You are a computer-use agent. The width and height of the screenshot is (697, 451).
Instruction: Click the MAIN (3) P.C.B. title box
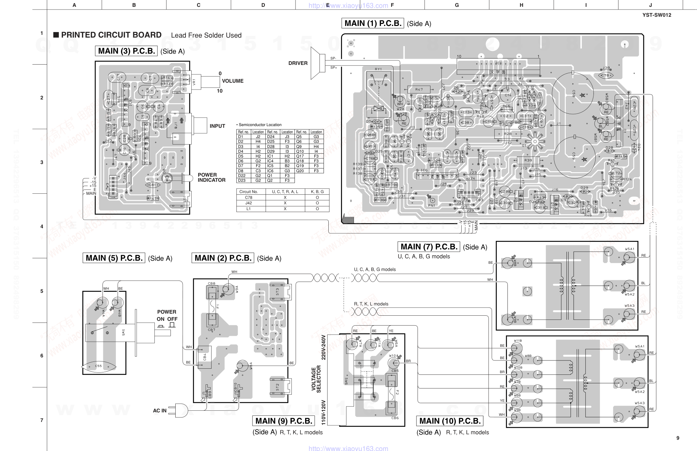(x=126, y=51)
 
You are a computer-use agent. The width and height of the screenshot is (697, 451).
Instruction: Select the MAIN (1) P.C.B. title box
(x=372, y=23)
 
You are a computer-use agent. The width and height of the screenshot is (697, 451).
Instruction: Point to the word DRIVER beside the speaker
(x=298, y=63)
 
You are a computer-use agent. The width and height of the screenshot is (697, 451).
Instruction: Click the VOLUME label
(x=233, y=81)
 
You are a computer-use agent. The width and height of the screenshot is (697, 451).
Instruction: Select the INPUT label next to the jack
(x=217, y=126)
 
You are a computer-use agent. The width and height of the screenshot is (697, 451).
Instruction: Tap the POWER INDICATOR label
(x=211, y=177)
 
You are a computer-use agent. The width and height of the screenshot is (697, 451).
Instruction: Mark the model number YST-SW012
(x=657, y=15)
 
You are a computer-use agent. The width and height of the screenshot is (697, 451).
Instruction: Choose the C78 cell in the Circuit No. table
(x=248, y=197)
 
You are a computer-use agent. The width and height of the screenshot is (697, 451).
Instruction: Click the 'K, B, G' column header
(x=317, y=192)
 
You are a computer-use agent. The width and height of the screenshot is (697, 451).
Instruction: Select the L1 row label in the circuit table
(x=248, y=208)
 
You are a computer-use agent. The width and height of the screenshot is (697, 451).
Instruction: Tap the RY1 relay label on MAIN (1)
(x=378, y=69)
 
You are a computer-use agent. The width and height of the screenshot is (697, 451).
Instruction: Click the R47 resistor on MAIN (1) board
(x=419, y=90)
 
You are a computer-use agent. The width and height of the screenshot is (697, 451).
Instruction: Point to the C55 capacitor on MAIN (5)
(x=98, y=366)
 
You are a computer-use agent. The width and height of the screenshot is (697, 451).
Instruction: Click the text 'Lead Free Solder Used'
(x=206, y=35)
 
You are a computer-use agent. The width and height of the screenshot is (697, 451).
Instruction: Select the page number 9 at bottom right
(x=678, y=438)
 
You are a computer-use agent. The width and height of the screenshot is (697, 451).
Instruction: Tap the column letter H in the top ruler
(x=521, y=5)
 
